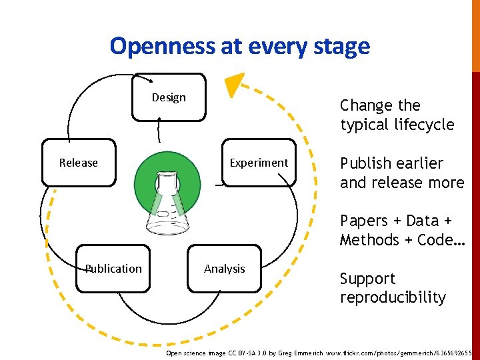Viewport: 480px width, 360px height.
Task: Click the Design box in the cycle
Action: tap(169, 97)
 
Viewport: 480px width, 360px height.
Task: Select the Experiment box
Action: tap(259, 163)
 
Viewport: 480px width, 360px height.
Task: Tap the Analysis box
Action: tap(224, 269)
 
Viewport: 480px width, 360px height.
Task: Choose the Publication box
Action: tap(113, 269)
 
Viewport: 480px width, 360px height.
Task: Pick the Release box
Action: tap(78, 163)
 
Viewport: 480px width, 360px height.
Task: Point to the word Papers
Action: tap(364, 221)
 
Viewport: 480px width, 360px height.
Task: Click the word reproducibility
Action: tap(393, 297)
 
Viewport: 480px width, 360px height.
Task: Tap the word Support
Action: tap(367, 279)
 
